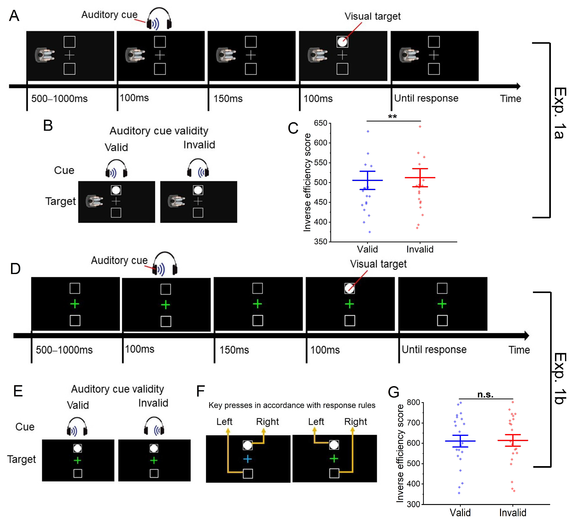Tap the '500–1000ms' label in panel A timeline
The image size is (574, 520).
point(59,99)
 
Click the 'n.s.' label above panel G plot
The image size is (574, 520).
point(485,395)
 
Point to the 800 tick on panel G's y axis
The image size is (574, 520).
point(413,402)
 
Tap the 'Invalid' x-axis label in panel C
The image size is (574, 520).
point(420,249)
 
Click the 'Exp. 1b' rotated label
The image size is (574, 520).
point(559,378)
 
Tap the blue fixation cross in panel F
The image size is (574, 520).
point(247,459)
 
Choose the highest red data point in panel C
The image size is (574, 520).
point(420,126)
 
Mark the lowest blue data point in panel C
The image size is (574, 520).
point(370,232)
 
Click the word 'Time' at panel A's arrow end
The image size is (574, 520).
point(510,99)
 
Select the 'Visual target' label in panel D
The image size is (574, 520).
point(378,264)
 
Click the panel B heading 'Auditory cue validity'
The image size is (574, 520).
point(159,131)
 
